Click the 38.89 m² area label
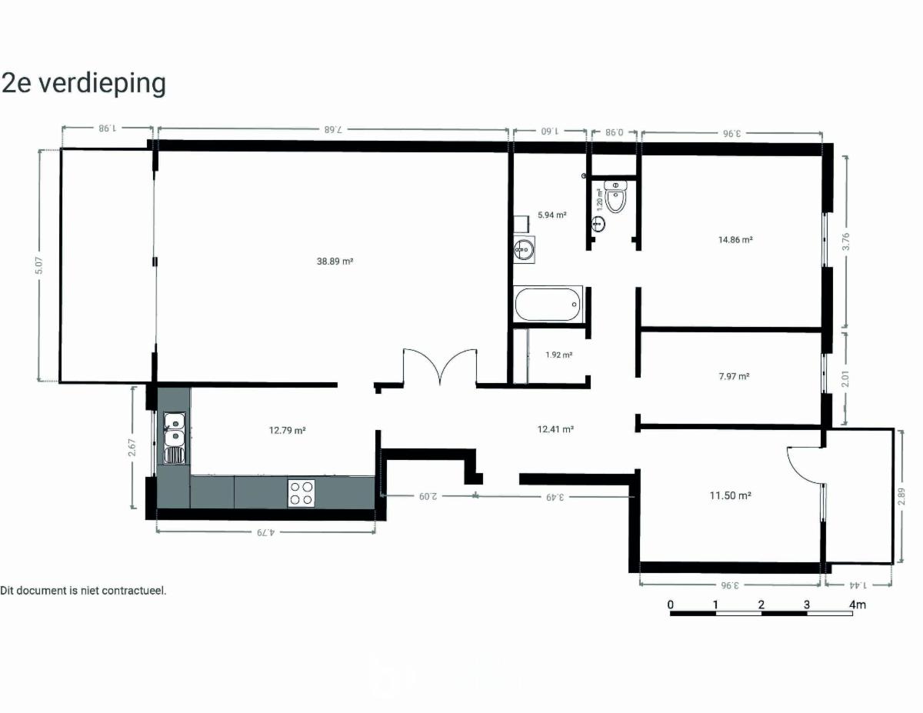pos(335,262)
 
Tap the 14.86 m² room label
pos(735,239)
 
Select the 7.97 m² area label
pos(734,376)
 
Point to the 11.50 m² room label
pos(730,495)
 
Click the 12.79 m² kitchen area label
pos(287,430)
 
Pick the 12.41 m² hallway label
pos(555,429)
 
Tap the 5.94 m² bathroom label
pos(551,215)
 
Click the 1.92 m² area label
pos(558,355)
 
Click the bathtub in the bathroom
pos(548,304)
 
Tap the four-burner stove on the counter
pos(302,493)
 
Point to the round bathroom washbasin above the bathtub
pos(522,249)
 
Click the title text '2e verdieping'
pos(83,84)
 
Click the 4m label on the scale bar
pos(857,605)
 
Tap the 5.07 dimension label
pos(39,265)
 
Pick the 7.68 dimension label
pos(332,129)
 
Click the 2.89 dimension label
pos(901,496)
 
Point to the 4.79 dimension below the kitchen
pos(265,532)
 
